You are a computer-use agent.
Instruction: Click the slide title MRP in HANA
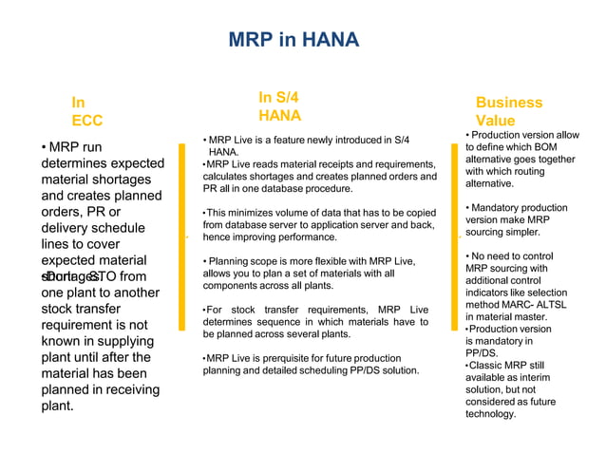click(294, 40)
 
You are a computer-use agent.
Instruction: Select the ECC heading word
click(86, 121)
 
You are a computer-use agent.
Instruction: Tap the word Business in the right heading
click(509, 102)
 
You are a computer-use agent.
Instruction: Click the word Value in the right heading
click(495, 121)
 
